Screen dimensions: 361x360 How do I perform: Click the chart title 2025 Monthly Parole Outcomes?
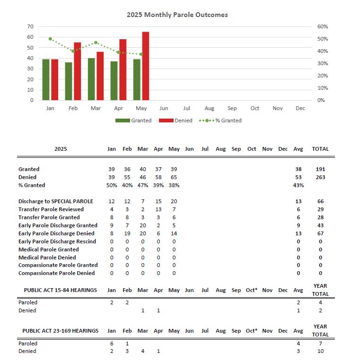tap(177, 15)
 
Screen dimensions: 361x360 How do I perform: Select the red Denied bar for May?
tap(145, 66)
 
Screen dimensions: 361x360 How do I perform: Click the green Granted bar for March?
tap(91, 79)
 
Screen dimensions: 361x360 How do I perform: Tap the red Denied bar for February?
tap(77, 71)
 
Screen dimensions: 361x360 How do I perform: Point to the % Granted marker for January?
tap(50, 39)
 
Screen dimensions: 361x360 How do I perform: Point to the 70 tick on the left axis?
tap(30, 26)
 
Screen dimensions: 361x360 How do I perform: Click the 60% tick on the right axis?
tap(322, 26)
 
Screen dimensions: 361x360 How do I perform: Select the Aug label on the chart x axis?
tap(209, 108)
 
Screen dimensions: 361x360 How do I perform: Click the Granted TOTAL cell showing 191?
tap(320, 169)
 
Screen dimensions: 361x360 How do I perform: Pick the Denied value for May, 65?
tap(174, 177)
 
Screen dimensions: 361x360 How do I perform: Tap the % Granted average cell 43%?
tap(298, 185)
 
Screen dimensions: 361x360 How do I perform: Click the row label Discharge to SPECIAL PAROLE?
tap(56, 201)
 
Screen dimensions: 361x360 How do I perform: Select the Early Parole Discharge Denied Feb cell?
tap(127, 233)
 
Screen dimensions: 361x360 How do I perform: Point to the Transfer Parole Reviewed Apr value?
tap(158, 209)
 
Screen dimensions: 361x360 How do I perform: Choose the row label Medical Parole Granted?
tap(49, 249)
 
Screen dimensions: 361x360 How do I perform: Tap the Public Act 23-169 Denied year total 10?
tap(320, 351)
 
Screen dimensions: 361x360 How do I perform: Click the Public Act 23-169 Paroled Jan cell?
tap(112, 343)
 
